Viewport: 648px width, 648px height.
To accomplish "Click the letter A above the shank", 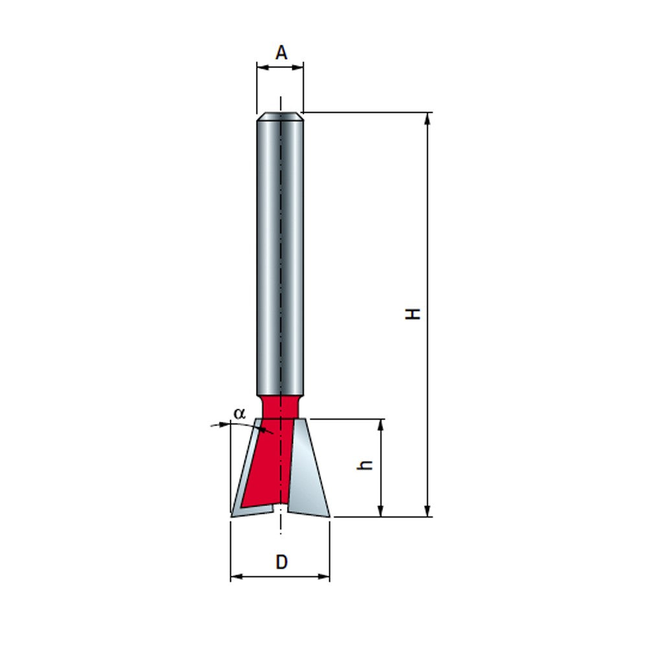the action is click(281, 53).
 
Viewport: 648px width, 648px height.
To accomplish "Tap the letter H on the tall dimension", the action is click(412, 314).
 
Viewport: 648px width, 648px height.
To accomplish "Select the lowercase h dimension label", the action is click(365, 465).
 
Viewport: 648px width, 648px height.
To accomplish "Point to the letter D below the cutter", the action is click(281, 562).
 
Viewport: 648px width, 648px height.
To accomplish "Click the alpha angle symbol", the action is click(239, 413).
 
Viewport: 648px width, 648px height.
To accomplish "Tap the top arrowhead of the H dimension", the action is click(427, 118).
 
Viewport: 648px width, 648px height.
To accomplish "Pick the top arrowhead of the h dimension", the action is click(381, 425).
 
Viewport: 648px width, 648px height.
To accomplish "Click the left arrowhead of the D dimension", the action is click(237, 577).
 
